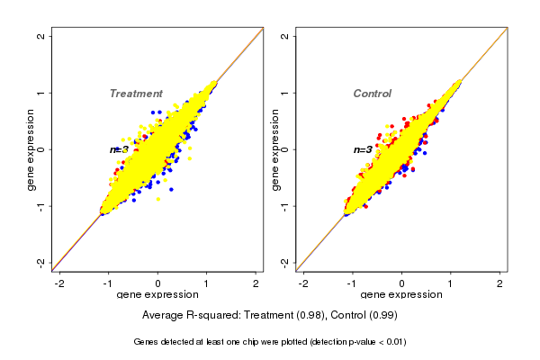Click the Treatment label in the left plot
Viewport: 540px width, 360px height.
click(x=136, y=94)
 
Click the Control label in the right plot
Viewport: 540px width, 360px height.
click(x=373, y=94)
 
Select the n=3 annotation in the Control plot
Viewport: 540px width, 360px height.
click(x=363, y=149)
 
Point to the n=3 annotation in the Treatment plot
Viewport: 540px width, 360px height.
click(x=120, y=149)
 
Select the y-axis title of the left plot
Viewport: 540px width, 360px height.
click(x=31, y=149)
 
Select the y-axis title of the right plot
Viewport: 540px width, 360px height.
click(x=274, y=149)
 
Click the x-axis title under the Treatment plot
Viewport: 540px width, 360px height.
click(x=157, y=295)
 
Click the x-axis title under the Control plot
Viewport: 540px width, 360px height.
click(x=401, y=295)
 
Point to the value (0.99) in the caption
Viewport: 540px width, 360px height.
click(x=382, y=315)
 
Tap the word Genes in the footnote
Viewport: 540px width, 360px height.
click(x=146, y=342)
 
